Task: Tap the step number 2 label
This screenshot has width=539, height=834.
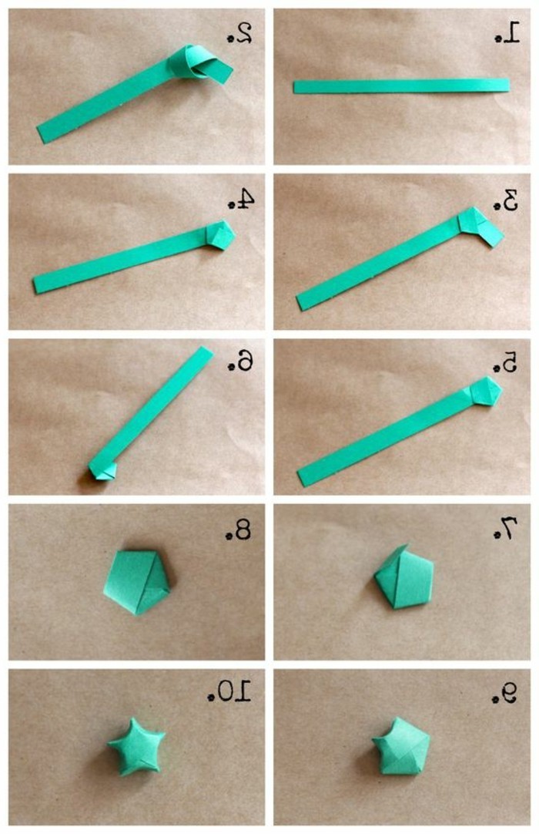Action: pos(239,32)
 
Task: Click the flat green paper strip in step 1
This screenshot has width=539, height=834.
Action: pos(401,86)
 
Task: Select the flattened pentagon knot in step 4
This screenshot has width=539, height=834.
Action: pos(219,235)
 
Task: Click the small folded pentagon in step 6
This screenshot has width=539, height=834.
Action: pos(103,470)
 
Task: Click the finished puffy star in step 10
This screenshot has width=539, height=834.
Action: pos(136,745)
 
